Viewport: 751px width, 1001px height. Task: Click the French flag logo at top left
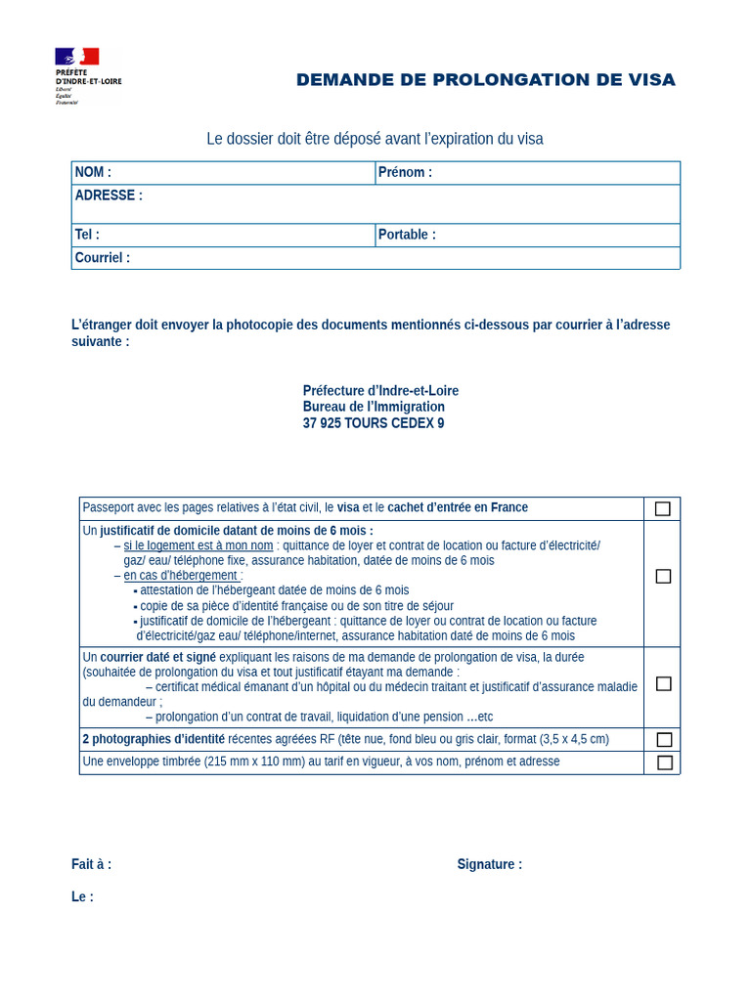pyautogui.click(x=77, y=57)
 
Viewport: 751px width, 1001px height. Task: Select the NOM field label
pyautogui.click(x=93, y=172)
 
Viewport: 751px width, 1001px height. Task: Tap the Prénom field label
pyautogui.click(x=405, y=172)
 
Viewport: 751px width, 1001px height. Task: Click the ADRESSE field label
pyautogui.click(x=109, y=196)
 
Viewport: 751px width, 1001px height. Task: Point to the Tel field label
pyautogui.click(x=87, y=235)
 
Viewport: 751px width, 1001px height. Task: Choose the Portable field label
pyautogui.click(x=407, y=235)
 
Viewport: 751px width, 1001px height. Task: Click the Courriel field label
pyautogui.click(x=103, y=258)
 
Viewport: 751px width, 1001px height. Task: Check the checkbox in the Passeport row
pyautogui.click(x=663, y=508)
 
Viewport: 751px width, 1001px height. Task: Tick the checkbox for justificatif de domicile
pyautogui.click(x=663, y=576)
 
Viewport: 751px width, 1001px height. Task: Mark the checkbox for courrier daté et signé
pyautogui.click(x=663, y=683)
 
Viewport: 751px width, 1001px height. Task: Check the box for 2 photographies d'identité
pyautogui.click(x=664, y=739)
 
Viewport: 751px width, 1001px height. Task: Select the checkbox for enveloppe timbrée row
pyautogui.click(x=664, y=762)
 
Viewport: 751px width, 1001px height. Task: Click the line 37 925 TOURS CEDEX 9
pyautogui.click(x=374, y=423)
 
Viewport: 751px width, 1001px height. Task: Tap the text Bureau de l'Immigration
pyautogui.click(x=374, y=407)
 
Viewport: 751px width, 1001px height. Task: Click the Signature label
pyautogui.click(x=489, y=864)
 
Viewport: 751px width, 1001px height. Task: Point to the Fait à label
pyautogui.click(x=91, y=864)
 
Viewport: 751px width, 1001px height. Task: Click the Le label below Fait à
pyautogui.click(x=82, y=896)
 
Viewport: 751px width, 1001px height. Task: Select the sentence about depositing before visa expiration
pyautogui.click(x=375, y=139)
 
